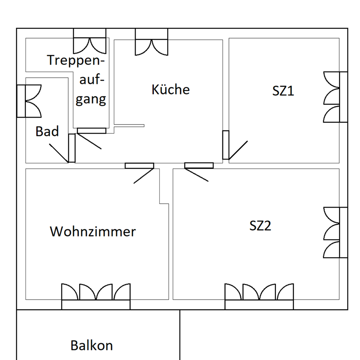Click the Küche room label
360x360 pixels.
coord(171,90)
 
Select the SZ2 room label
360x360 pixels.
coord(260,226)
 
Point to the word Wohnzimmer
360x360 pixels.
coord(93,231)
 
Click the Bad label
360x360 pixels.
coord(47,131)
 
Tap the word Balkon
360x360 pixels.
coord(91,345)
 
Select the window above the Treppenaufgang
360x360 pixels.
coord(89,40)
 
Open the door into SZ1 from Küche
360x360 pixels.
coord(226,145)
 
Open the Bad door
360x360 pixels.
coord(71,148)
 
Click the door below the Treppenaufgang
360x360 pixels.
coord(91,131)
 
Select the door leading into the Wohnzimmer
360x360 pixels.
coord(139,166)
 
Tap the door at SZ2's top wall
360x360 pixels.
coord(199,166)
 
